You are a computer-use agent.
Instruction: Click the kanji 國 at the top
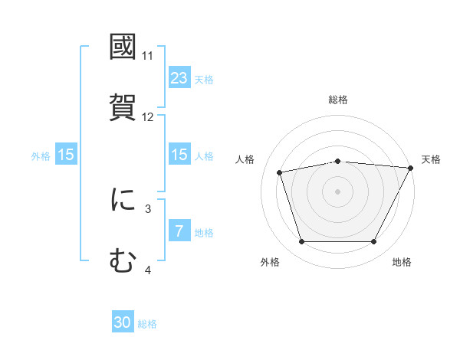[123, 47]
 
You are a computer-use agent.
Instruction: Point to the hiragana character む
[123, 261]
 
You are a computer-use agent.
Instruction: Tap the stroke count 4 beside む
[148, 270]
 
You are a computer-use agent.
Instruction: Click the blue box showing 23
[179, 78]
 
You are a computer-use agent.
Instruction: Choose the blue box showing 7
[179, 231]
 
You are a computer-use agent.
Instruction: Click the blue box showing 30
[123, 323]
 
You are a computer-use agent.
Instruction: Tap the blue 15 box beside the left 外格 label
[66, 155]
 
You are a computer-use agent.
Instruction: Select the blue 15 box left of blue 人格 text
[179, 155]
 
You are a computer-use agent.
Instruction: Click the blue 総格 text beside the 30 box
[147, 324]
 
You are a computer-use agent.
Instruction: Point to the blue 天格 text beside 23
[204, 79]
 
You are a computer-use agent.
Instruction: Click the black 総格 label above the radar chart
[338, 100]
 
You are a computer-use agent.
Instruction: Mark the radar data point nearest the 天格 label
[411, 168]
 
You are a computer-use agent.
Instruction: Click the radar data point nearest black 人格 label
[280, 172]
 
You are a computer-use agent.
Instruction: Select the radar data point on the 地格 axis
[373, 242]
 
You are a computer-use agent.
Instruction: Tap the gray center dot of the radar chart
[338, 191]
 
